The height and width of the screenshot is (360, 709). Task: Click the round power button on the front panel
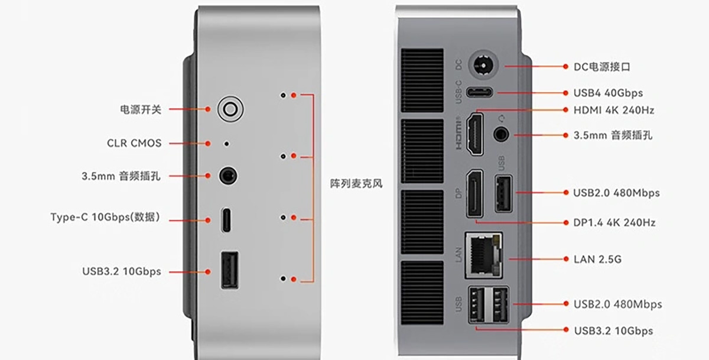click(230, 109)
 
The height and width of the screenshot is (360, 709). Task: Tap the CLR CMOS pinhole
click(226, 144)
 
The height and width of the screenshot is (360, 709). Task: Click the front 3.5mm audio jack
click(228, 176)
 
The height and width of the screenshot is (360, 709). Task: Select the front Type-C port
click(226, 220)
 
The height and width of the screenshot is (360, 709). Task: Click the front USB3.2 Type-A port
click(230, 270)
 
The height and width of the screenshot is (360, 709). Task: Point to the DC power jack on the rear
click(483, 66)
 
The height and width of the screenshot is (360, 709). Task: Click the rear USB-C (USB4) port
click(480, 92)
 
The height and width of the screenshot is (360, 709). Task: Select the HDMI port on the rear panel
click(475, 134)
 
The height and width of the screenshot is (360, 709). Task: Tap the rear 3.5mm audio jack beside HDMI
click(501, 134)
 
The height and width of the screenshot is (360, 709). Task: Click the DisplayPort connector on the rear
click(475, 194)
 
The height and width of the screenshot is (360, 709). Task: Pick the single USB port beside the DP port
click(503, 193)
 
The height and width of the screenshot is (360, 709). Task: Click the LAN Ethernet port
click(484, 255)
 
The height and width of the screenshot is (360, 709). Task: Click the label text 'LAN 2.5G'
click(597, 260)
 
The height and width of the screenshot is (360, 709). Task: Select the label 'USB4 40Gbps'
click(608, 93)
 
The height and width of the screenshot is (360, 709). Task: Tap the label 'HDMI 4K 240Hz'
click(614, 110)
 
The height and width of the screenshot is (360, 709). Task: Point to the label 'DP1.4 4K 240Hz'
click(614, 223)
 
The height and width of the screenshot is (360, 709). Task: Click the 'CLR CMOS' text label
click(134, 143)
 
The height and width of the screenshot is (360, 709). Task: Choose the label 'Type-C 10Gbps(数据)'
click(105, 217)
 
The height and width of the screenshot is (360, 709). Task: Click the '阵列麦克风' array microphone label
click(356, 183)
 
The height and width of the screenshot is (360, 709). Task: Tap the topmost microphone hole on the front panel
click(283, 95)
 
